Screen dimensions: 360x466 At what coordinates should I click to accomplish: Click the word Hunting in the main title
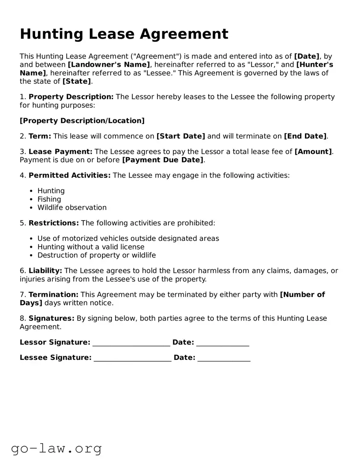point(46,34)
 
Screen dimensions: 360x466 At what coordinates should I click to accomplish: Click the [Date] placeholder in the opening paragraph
point(307,56)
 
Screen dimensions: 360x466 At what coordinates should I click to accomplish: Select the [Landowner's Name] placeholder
point(109,65)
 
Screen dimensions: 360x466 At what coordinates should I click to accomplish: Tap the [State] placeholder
point(76,81)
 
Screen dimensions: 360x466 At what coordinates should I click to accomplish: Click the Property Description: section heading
point(71,97)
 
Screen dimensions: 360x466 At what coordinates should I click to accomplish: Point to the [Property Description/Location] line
point(82,121)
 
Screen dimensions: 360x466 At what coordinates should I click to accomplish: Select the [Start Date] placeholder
point(181,136)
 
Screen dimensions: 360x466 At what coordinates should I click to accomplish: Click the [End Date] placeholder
point(305,136)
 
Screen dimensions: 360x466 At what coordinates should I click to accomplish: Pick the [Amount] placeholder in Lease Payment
point(313,152)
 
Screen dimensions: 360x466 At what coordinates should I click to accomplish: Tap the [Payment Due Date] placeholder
point(163,160)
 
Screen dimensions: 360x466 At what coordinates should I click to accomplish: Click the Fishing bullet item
point(49,199)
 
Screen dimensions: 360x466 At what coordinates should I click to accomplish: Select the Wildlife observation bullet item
point(72,208)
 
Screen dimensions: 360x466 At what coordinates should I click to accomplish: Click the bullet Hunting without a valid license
point(91,247)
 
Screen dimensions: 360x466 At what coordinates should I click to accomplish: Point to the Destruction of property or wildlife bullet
point(97,255)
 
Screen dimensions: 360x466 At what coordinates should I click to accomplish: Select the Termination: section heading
point(53,295)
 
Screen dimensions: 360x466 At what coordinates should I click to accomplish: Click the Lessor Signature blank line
point(131,343)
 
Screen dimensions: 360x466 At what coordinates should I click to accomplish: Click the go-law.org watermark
point(56,448)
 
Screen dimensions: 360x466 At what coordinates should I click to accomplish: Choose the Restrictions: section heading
point(53,223)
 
